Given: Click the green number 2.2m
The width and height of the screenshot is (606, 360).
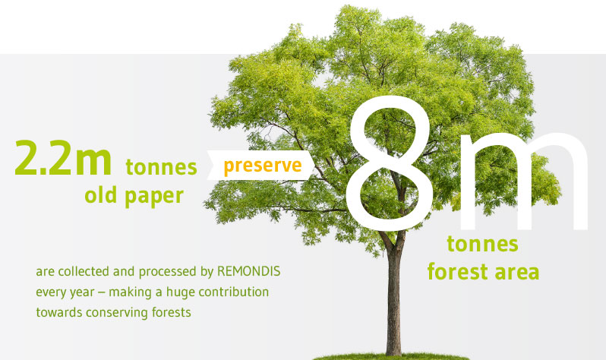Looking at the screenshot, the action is (63, 157).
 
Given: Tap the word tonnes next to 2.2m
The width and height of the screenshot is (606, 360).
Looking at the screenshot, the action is (161, 167).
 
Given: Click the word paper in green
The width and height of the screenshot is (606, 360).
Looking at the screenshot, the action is (154, 197).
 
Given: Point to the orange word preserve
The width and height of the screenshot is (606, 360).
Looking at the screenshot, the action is (263, 166).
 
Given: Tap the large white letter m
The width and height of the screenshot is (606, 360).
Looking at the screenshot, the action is (524, 181).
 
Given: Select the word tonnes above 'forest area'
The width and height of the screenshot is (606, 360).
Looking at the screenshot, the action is (482, 244).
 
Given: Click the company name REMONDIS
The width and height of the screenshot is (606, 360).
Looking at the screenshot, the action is (248, 271).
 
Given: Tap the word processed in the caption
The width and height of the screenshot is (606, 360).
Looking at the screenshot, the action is (168, 272).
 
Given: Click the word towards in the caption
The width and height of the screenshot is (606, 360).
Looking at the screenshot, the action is (58, 312).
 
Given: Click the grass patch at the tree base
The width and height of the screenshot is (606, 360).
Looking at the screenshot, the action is (390, 356).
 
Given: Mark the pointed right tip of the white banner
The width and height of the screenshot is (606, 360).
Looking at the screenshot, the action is (315, 165).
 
